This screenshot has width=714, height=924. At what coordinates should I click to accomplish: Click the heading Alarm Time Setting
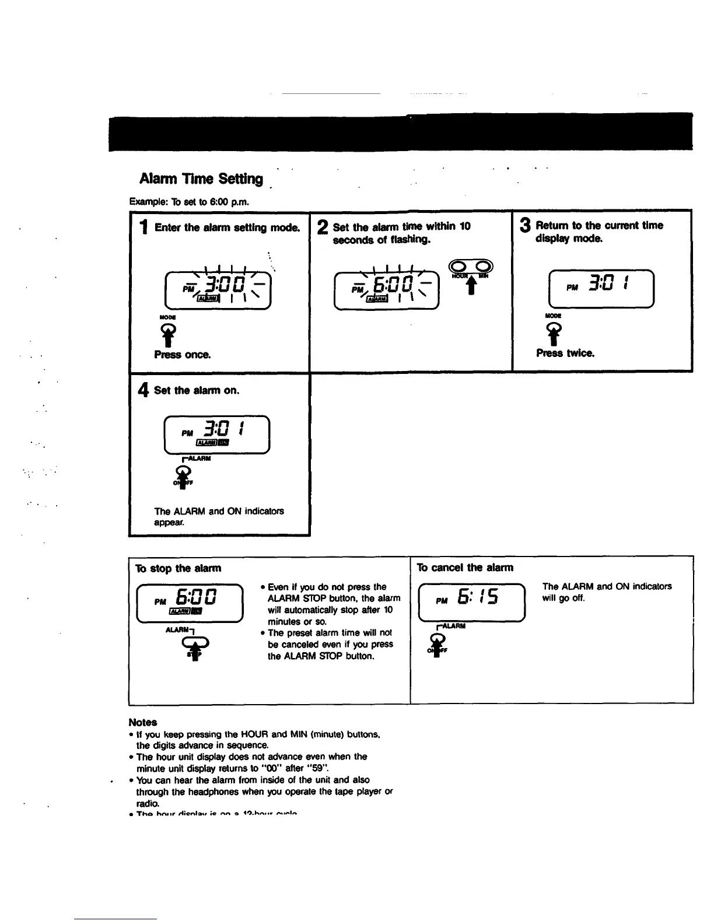point(201,178)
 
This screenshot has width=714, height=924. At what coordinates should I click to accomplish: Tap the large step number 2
point(323,228)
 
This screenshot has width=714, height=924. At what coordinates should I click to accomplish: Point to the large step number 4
point(143,390)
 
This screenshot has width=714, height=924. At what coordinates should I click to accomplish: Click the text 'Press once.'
point(183,355)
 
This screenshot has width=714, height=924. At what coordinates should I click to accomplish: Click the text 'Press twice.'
point(565,353)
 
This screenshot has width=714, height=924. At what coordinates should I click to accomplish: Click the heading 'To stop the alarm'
point(178,568)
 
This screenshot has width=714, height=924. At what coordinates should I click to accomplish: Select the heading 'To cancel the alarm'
point(465,568)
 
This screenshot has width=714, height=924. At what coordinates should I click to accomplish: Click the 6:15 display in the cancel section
point(472,602)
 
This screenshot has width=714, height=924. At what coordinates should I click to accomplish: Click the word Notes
point(143,722)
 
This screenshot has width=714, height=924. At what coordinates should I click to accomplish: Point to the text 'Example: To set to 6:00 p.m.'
point(189,202)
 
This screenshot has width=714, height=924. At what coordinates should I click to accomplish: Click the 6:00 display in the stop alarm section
point(190,603)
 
